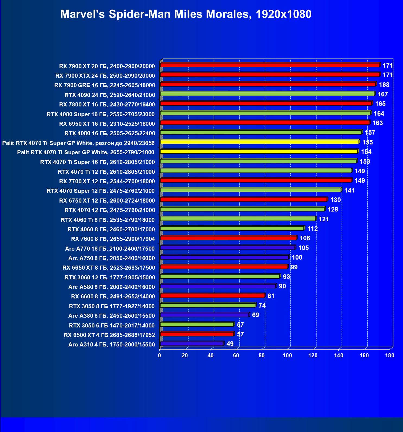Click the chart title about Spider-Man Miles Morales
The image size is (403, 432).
(x=186, y=14)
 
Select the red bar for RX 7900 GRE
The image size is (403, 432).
(x=268, y=84)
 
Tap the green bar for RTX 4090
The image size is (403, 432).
(x=267, y=94)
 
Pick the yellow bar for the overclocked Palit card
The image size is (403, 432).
(x=260, y=142)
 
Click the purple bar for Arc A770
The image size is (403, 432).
(x=228, y=248)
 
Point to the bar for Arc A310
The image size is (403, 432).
(x=192, y=344)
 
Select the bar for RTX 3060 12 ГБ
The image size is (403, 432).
(x=220, y=276)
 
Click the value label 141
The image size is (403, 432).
(x=350, y=190)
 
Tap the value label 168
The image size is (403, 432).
(x=384, y=85)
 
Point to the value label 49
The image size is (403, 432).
(x=230, y=344)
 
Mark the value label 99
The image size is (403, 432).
(x=294, y=267)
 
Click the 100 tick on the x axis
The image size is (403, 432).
(x=287, y=355)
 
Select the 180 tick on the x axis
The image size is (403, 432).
(x=389, y=355)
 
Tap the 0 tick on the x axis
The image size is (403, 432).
(x=159, y=355)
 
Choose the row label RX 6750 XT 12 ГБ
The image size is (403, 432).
(x=107, y=201)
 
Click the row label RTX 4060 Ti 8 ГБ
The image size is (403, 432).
(x=108, y=220)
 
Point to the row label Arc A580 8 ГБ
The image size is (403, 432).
(x=112, y=287)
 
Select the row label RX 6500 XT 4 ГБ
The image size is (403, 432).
(x=109, y=335)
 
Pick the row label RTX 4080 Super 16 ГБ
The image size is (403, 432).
(x=101, y=114)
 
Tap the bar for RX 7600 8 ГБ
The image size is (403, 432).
(x=228, y=238)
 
